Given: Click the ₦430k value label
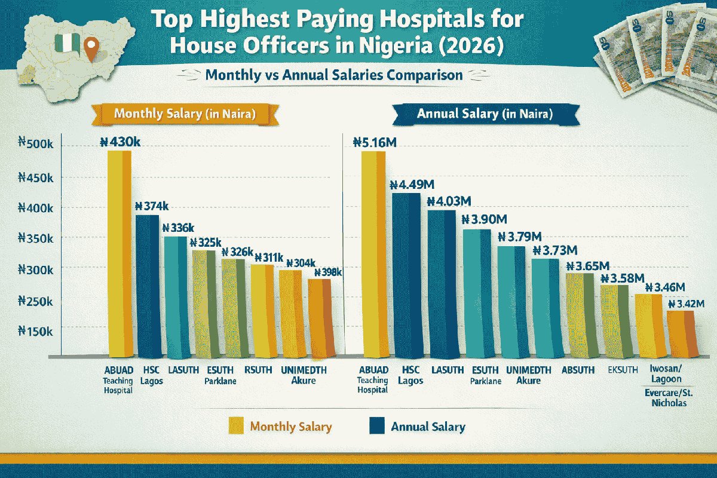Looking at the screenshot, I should (122, 143).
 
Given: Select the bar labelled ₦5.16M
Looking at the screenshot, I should (373, 251).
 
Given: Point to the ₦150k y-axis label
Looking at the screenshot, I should (36, 330).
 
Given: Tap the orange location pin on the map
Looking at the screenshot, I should (91, 49).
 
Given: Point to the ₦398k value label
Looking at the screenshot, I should (324, 272).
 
